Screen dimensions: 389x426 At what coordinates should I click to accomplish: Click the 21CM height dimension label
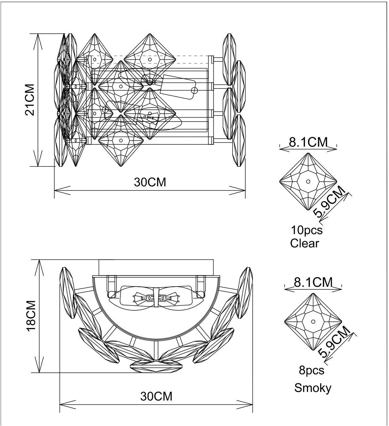(30, 100)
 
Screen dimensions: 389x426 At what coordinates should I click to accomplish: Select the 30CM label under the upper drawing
(150, 182)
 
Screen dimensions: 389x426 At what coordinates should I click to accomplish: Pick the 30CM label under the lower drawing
(156, 396)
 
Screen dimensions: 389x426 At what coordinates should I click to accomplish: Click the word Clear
(305, 243)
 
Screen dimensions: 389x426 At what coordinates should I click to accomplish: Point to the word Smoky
(313, 388)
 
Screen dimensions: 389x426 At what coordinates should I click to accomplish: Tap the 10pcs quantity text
(307, 230)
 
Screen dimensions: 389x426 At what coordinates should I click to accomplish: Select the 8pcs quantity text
(311, 370)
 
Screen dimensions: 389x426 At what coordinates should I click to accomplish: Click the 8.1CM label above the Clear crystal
(308, 142)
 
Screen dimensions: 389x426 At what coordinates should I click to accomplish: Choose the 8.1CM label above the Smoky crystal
(313, 282)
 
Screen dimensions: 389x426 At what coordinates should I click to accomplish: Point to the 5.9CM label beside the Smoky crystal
(334, 342)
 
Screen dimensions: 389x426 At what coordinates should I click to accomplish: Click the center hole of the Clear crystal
(308, 182)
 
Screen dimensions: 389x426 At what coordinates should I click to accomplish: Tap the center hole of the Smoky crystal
(313, 322)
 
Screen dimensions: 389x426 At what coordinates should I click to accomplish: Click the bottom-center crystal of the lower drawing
(156, 366)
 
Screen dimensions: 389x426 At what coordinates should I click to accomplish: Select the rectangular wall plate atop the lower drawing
(156, 267)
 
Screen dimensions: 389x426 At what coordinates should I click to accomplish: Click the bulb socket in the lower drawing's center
(156, 298)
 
